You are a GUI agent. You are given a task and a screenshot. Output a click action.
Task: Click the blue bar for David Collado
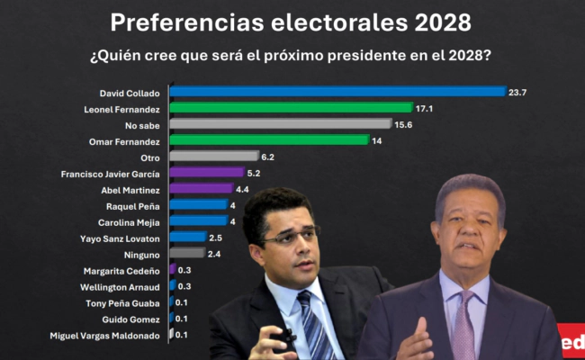click(x=337, y=91)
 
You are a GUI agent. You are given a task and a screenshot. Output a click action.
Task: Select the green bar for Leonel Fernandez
click(x=291, y=107)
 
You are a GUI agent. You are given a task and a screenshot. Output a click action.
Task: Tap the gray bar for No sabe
click(x=280, y=123)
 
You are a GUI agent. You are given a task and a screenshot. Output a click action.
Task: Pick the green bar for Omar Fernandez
click(x=269, y=139)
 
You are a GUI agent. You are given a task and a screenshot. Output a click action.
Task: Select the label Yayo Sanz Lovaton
click(x=121, y=238)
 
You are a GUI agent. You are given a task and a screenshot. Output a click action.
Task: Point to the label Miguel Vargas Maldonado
click(x=106, y=335)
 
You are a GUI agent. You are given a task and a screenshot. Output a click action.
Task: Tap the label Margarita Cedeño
click(x=124, y=270)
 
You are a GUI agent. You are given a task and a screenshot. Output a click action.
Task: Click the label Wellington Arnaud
click(x=122, y=286)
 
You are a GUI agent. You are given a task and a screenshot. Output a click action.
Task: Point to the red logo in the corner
click(x=571, y=343)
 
